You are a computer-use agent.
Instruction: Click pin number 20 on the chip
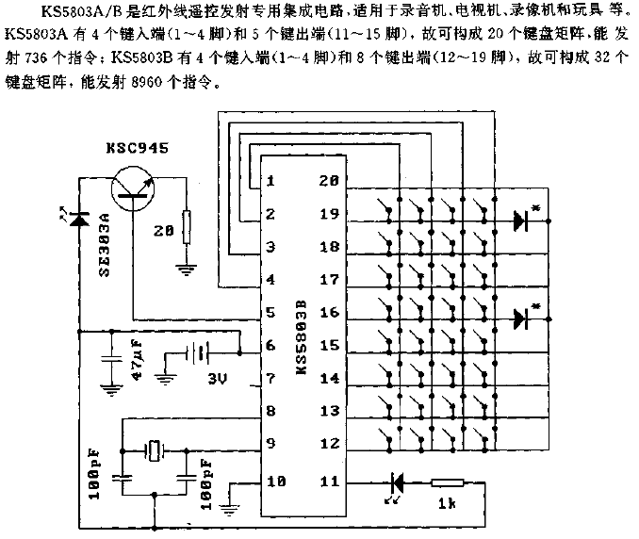(329, 181)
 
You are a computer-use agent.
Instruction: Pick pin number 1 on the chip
(270, 181)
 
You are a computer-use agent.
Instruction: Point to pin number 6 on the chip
(270, 346)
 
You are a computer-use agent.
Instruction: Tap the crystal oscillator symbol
(155, 449)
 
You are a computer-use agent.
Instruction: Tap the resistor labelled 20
(186, 226)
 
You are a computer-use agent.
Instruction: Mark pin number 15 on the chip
(329, 346)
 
